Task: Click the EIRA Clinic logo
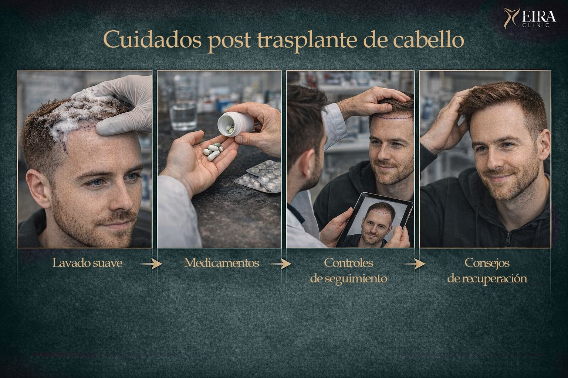pos(530,18)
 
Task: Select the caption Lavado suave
pos(88,263)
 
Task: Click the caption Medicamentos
pos(222,263)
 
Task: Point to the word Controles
pos(348,263)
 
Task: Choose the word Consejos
pos(487,263)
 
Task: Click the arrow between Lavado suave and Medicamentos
pos(151,264)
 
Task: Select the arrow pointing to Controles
pos(280,264)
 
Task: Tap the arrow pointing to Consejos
pos(415,264)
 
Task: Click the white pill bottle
pos(235,124)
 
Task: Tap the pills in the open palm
pos(213,151)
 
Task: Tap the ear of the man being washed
pos(38,189)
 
